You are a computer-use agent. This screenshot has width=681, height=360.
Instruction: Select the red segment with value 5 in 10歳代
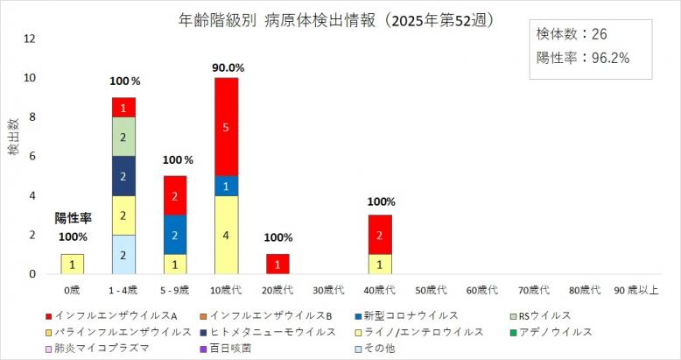click(227, 127)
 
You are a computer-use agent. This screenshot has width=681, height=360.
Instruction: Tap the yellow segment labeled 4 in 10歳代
click(227, 235)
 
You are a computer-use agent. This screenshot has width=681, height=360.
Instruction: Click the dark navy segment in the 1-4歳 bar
click(123, 176)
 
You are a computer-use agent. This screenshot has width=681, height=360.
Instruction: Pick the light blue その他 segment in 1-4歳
click(123, 255)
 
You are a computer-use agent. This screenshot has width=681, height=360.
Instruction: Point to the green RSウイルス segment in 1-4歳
click(123, 137)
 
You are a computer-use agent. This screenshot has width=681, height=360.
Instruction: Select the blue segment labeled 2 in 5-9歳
click(175, 235)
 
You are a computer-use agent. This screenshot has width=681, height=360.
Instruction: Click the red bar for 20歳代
click(278, 265)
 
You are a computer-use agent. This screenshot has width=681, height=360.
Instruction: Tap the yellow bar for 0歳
click(72, 265)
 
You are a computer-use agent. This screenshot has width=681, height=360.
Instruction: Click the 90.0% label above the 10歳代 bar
click(227, 67)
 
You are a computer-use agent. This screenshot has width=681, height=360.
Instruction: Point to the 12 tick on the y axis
click(30, 39)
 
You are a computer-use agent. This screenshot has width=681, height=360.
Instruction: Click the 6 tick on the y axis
click(30, 157)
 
